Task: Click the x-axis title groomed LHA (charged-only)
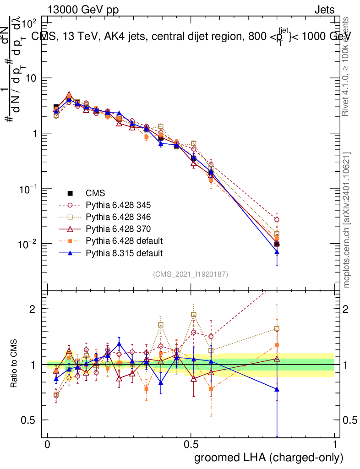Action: [269, 458]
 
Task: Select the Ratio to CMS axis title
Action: [15, 364]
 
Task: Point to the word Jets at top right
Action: [324, 10]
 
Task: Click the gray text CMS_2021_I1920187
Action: [191, 274]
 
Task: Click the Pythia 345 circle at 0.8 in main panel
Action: [277, 220]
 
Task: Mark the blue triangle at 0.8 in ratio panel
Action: [277, 389]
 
